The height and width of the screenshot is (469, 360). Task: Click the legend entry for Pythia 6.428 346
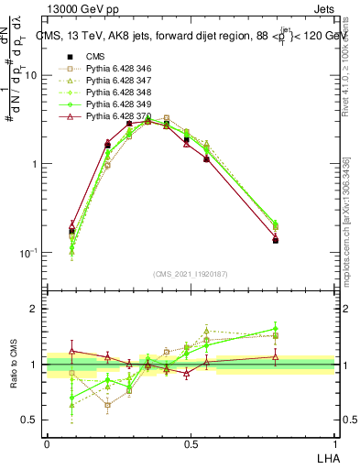pos(112,69)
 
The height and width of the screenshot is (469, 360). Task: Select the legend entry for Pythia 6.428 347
pos(112,81)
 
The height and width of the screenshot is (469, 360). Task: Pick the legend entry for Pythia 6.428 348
pos(112,93)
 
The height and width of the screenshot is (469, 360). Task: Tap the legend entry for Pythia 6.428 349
pos(112,104)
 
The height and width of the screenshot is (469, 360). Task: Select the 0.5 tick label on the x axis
pos(191,443)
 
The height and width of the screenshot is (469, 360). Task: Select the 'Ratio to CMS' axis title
pos(14,364)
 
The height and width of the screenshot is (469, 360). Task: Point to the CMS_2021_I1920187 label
pos(191,274)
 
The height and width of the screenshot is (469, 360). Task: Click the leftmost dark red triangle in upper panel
pos(72,224)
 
